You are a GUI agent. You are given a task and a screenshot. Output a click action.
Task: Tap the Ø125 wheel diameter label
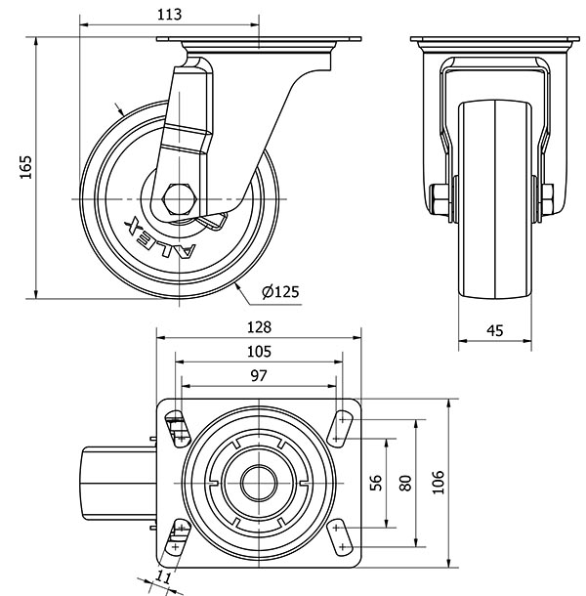[x=280, y=291]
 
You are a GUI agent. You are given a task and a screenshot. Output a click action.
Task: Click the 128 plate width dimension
[x=259, y=327]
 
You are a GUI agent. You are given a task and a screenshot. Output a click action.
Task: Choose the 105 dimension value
[x=259, y=352]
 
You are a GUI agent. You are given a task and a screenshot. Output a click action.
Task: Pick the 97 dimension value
[x=258, y=376]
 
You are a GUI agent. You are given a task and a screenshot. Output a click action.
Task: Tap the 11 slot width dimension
[x=163, y=577]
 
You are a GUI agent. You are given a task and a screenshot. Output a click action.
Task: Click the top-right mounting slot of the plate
[x=342, y=425]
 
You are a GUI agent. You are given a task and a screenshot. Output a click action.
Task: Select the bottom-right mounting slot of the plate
[x=342, y=535]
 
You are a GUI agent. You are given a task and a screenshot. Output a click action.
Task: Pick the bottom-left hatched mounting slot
[x=177, y=535]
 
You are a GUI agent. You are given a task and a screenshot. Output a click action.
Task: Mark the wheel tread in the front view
[x=495, y=195]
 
